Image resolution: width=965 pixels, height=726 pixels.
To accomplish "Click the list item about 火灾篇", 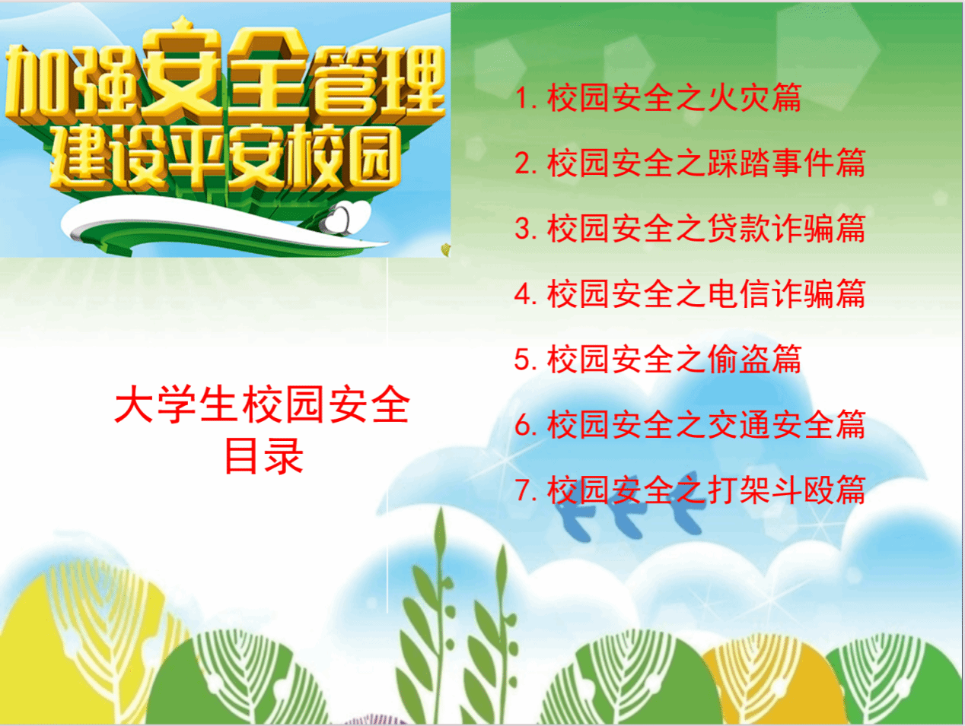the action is pos(658,97).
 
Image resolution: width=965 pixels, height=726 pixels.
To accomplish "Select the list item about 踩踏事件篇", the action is pos(690,163).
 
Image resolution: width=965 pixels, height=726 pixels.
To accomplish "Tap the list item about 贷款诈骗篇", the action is pos(690,228).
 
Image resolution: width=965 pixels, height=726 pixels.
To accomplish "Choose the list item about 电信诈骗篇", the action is pos(690,294).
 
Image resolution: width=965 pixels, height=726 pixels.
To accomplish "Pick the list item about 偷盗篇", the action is pos(658,360).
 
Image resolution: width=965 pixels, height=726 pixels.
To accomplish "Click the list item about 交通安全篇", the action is pos(690,425).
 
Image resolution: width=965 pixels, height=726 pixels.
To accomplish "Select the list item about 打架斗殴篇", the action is pos(690,490).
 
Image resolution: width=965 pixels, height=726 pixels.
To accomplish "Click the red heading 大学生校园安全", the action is pos(263,404).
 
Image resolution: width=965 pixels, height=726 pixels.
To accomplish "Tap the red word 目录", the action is pos(264,457).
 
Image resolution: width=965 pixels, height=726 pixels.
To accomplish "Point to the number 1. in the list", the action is pos(526,98).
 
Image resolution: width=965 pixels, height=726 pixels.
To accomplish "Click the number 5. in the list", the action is pos(526,360).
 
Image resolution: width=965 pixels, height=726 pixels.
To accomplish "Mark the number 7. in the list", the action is pos(526,491).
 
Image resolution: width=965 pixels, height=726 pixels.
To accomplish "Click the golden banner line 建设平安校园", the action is pos(225,158).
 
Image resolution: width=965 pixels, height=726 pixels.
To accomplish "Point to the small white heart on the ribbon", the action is pos(339,218).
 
